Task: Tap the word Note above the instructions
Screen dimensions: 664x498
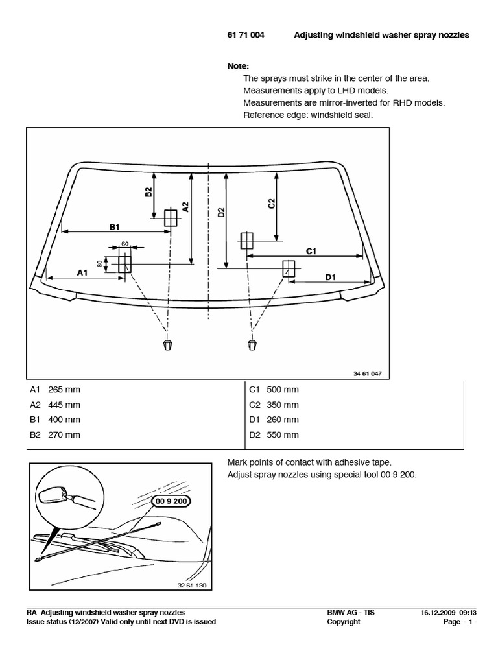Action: coord(238,66)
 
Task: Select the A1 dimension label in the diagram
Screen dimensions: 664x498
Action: coord(82,273)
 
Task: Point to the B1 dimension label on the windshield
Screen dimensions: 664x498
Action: coord(115,226)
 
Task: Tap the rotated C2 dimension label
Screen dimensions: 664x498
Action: coord(272,204)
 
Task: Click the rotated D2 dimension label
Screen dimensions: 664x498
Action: coord(220,214)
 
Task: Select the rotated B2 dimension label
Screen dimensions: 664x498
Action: coord(148,192)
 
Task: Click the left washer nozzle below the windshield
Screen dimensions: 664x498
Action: coord(167,342)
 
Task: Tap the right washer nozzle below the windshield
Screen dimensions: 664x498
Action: coord(252,343)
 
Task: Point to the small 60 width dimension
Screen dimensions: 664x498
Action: coord(124,244)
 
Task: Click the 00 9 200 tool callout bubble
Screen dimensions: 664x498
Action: coord(172,501)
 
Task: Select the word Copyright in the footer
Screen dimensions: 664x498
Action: coord(344,622)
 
